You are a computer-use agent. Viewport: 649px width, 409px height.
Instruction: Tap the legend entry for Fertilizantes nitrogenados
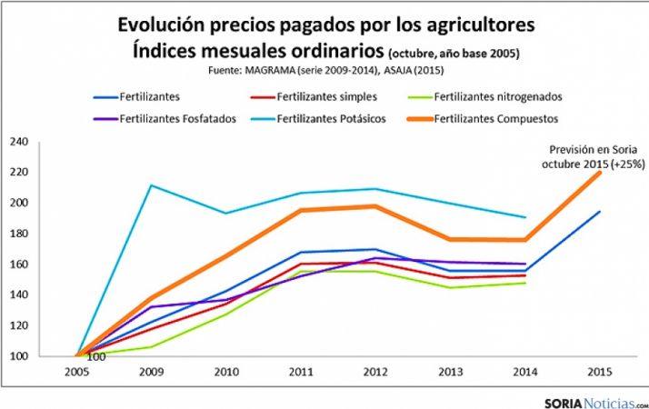(499, 95)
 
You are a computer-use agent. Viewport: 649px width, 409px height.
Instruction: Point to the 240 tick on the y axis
(19, 142)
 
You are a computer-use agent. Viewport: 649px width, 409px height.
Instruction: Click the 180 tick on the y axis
(19, 234)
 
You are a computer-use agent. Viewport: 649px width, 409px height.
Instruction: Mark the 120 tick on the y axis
(19, 325)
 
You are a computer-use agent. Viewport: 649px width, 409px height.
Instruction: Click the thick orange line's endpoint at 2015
(601, 172)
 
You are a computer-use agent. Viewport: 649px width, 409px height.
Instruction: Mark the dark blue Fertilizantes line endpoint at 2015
(601, 212)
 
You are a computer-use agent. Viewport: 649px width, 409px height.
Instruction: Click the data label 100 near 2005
(95, 356)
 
